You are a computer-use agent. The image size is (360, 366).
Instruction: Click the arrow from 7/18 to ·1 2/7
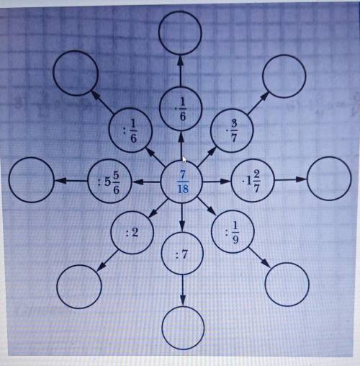[x=217, y=181]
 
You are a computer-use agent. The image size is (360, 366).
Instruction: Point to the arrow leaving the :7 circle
[x=183, y=291]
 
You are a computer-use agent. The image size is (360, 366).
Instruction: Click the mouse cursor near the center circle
[x=184, y=159]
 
